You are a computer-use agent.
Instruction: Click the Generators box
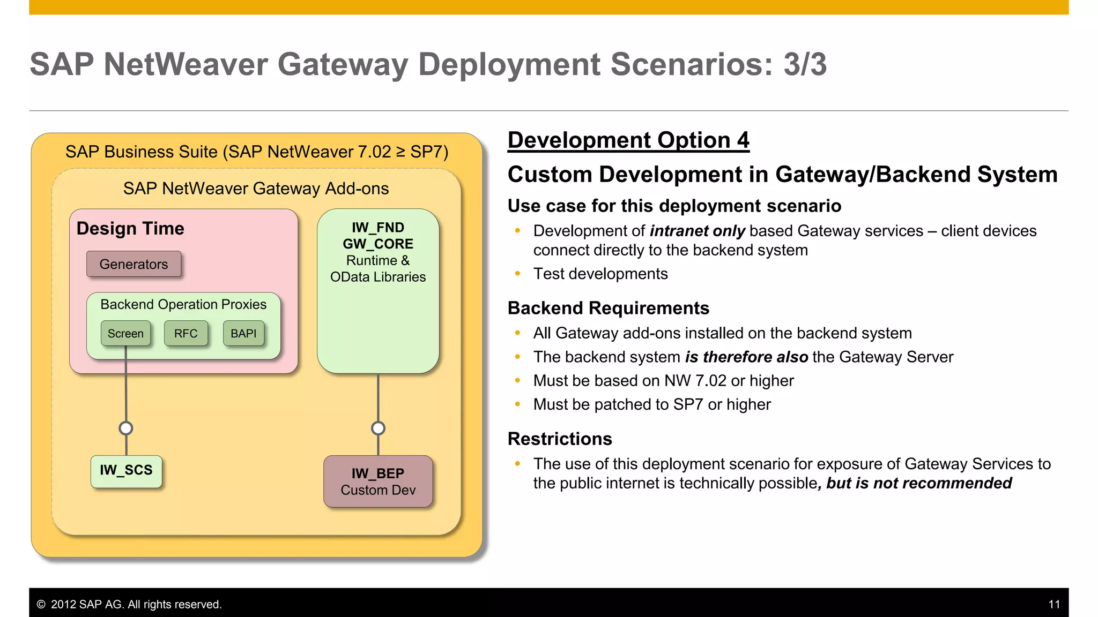click(133, 264)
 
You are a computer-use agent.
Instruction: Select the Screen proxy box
click(125, 333)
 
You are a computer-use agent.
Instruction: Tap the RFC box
click(186, 333)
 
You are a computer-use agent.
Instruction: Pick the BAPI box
click(243, 333)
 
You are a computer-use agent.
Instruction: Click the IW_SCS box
click(126, 471)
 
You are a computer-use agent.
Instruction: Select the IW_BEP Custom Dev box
click(378, 481)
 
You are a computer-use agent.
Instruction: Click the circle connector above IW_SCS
click(126, 428)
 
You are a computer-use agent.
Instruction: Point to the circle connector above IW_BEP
click(378, 428)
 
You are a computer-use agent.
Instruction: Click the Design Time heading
click(130, 229)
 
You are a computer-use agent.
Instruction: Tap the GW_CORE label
click(378, 244)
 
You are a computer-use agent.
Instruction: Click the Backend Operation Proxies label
click(183, 304)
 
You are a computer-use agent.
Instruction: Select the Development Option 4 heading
click(628, 140)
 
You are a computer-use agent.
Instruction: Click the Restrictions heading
click(560, 439)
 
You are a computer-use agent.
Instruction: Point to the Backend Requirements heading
click(608, 308)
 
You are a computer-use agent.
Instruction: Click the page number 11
click(1054, 604)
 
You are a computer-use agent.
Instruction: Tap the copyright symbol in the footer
click(41, 604)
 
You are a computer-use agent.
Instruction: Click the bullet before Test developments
click(517, 274)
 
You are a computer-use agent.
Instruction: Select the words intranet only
click(697, 231)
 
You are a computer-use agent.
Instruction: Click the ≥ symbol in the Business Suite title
click(400, 152)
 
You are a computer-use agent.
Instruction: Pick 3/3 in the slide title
click(805, 64)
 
